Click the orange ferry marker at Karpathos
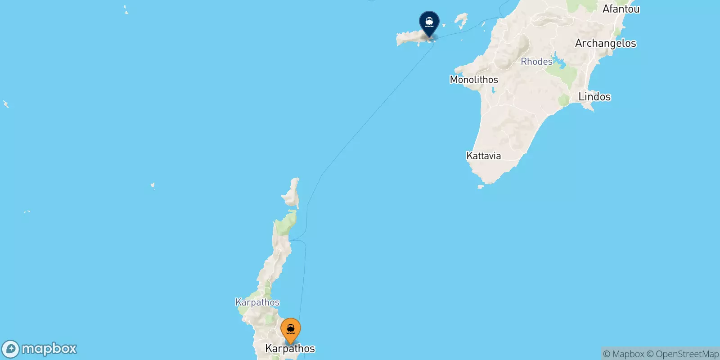click(291, 330)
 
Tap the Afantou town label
click(621, 9)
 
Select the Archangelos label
click(606, 43)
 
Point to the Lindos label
click(594, 97)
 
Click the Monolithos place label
click(474, 80)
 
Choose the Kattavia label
click(484, 156)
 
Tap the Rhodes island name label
click(536, 62)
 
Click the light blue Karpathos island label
click(257, 302)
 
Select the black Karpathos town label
click(290, 348)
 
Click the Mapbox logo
click(40, 349)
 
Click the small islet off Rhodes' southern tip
click(480, 186)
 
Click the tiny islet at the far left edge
click(6, 104)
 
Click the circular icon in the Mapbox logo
click(11, 349)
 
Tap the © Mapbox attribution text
click(624, 354)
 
